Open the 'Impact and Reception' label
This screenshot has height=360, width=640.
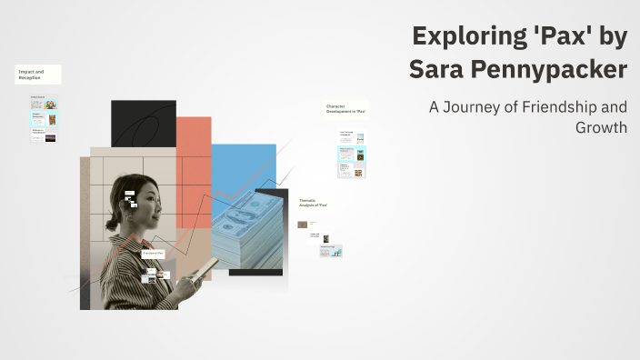point(37,75)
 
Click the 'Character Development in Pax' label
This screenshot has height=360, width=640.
point(345,109)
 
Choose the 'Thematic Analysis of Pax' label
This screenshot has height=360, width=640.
point(314,203)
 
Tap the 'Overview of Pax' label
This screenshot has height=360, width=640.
point(153,253)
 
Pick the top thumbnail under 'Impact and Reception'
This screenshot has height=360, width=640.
point(44,104)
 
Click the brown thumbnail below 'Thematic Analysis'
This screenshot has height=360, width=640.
point(303,225)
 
